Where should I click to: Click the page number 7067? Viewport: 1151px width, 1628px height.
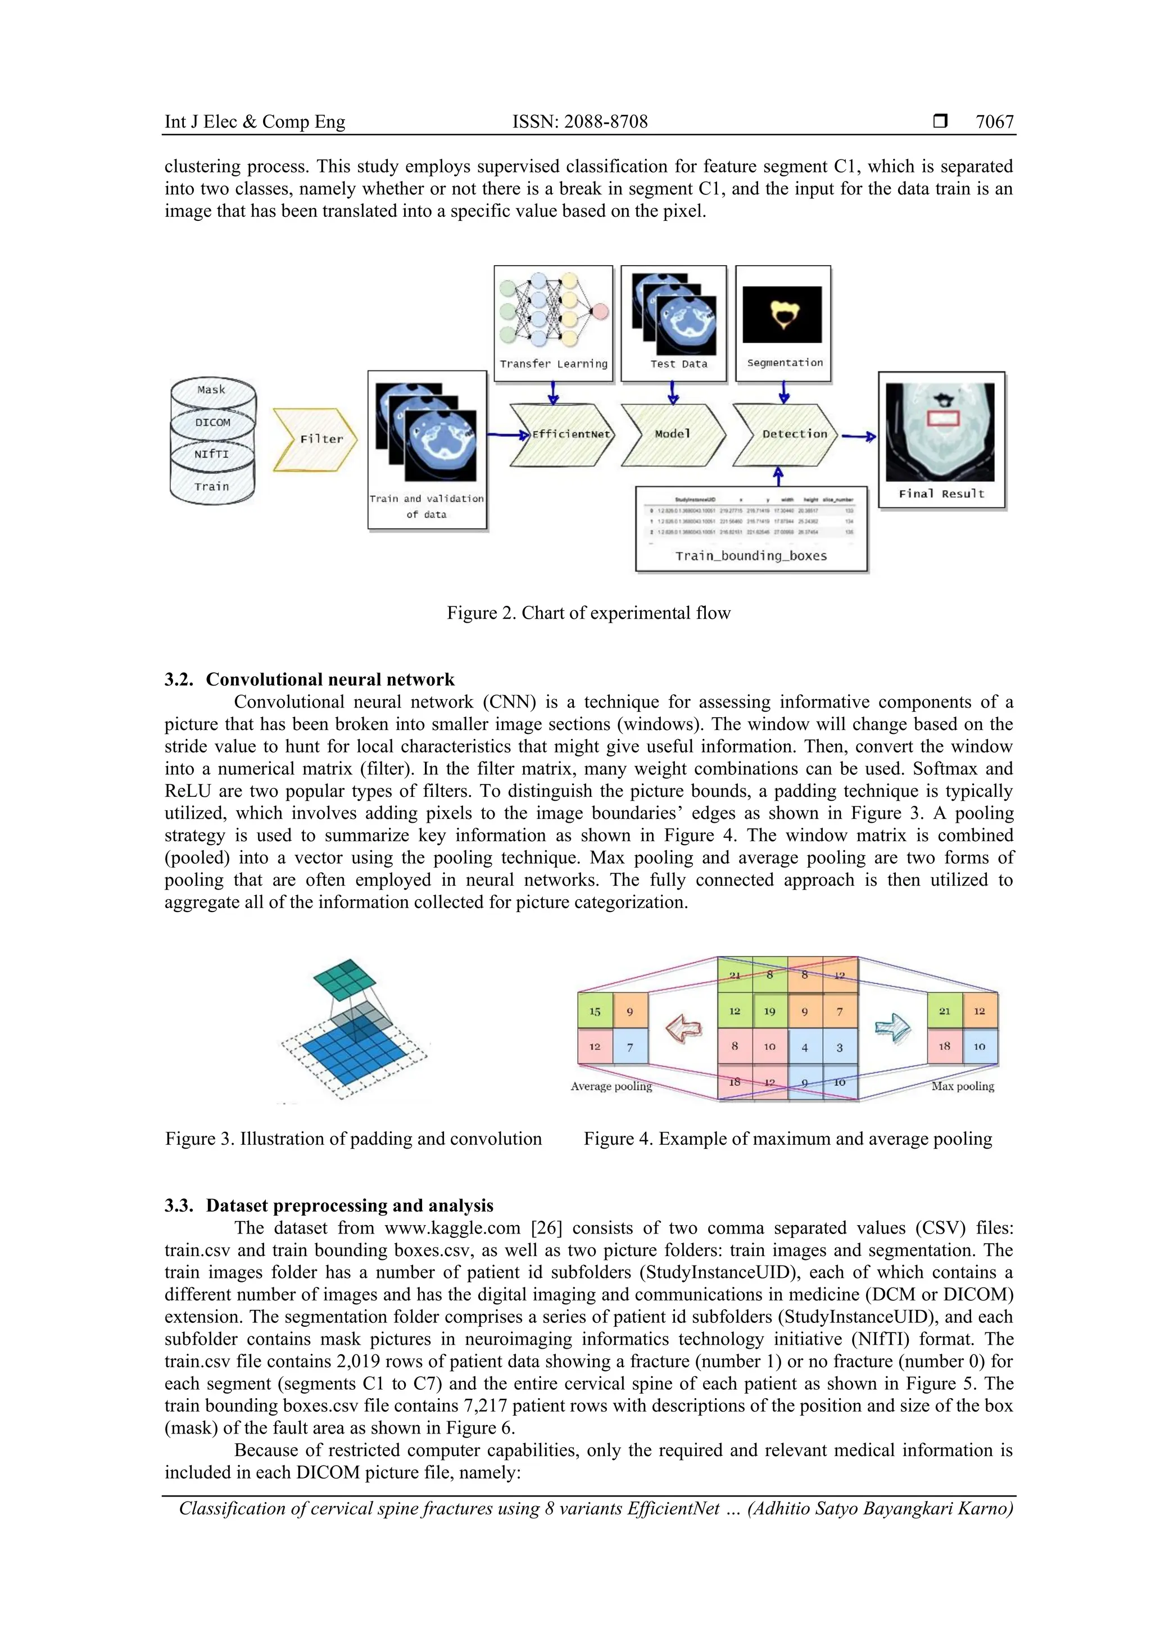coord(994,122)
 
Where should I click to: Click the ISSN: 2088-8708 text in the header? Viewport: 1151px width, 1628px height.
coord(579,122)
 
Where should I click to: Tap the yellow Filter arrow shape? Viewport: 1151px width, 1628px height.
coord(316,439)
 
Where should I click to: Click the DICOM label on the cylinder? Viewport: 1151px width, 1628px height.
coord(213,423)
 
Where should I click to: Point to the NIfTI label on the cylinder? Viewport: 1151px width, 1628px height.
coord(212,454)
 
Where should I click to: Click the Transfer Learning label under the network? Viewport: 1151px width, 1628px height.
coord(553,364)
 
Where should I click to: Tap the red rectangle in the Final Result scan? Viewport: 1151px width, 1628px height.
coord(942,418)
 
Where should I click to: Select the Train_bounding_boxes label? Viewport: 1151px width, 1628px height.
coord(751,556)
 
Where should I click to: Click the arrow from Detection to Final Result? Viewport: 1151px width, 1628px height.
coord(859,437)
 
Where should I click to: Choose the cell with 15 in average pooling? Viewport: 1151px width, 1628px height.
coord(595,1011)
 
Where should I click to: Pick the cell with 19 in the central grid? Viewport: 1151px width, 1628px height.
coord(769,1011)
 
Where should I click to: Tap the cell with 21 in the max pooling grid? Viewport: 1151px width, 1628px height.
coord(945,1011)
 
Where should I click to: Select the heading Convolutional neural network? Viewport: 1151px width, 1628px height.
coord(330,679)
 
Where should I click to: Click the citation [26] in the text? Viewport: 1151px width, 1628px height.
coord(546,1227)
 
